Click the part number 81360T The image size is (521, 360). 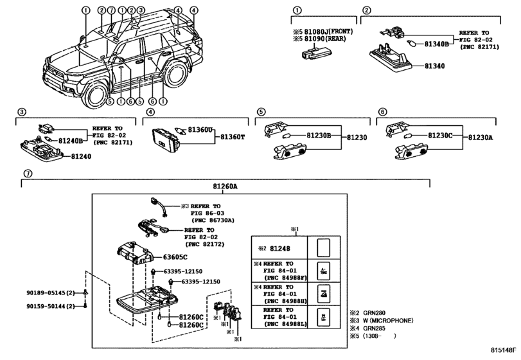point(234,137)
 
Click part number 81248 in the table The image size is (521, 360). point(279,248)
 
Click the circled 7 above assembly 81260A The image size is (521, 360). point(27,174)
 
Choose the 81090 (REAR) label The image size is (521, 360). point(323,39)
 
